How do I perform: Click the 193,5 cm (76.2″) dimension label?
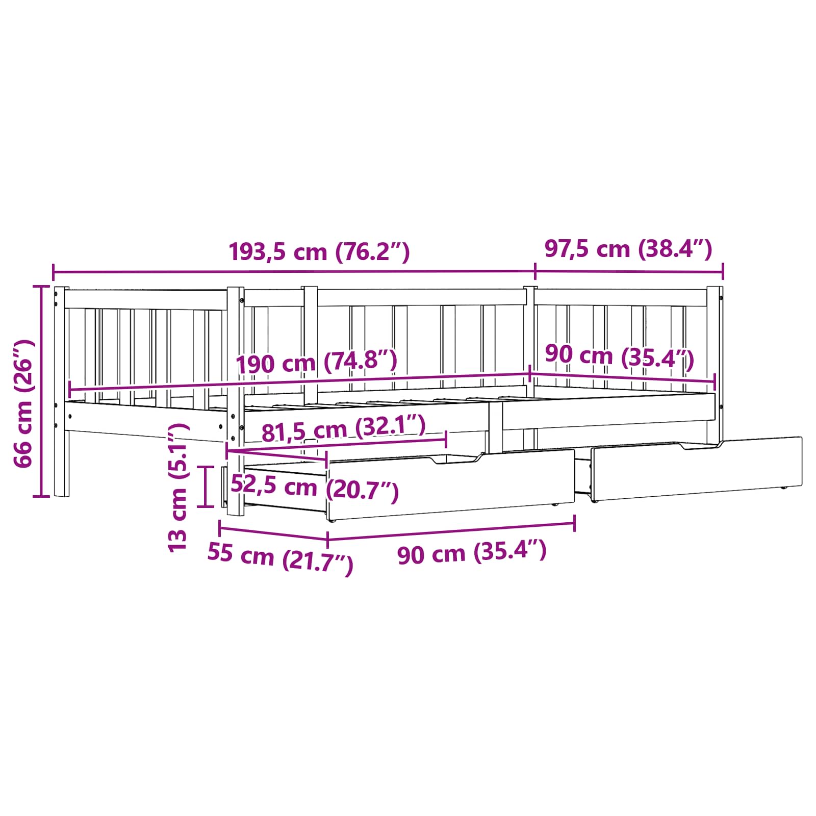click(x=319, y=251)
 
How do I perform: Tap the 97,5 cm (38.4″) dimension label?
click(x=628, y=249)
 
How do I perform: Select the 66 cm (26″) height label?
click(x=24, y=403)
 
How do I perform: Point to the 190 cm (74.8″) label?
click(x=316, y=362)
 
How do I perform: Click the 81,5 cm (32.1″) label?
click(x=343, y=428)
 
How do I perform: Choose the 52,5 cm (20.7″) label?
click(x=315, y=488)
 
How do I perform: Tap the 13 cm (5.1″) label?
click(x=178, y=487)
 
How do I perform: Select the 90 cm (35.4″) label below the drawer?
click(x=472, y=552)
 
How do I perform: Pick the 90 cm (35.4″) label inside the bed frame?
click(x=620, y=356)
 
